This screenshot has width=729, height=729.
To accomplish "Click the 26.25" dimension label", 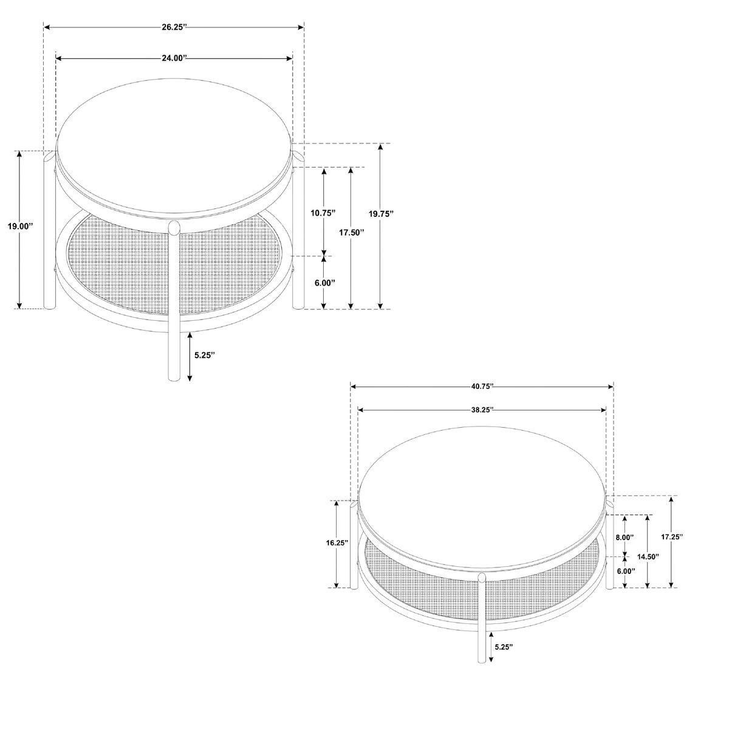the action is click(174, 27).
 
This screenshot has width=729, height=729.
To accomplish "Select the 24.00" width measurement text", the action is click(174, 58).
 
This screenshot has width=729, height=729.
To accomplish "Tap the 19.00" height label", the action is click(21, 226).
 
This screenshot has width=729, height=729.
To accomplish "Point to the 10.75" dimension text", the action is click(323, 213).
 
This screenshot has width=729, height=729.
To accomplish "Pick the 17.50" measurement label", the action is click(352, 232).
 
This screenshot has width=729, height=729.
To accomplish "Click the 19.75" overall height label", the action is click(381, 214).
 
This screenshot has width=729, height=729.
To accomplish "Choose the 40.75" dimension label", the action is click(482, 386).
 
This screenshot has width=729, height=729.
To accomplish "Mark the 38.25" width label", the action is click(482, 409).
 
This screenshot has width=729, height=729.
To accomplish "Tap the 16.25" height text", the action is click(337, 543).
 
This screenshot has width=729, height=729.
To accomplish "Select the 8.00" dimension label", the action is click(625, 537).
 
